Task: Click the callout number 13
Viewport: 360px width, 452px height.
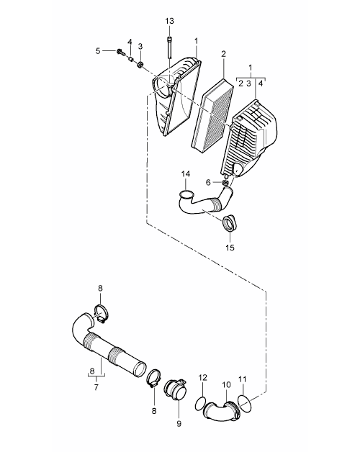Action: (x=170, y=21)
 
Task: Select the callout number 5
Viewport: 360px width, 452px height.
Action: (x=98, y=51)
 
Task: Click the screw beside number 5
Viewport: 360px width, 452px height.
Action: (x=120, y=52)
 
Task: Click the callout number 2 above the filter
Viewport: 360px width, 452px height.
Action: (x=223, y=54)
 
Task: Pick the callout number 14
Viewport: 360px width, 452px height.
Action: (x=186, y=174)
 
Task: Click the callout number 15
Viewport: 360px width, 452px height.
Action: (x=230, y=248)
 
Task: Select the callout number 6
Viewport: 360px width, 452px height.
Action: (x=208, y=183)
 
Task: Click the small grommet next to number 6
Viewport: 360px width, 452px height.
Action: (x=225, y=183)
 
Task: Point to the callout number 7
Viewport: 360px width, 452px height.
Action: (x=96, y=387)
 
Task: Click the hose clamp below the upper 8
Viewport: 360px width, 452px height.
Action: (x=101, y=313)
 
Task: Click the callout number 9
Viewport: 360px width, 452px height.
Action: (x=179, y=423)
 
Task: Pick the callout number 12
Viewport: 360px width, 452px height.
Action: (x=203, y=378)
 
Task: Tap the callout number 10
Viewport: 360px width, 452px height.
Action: (x=227, y=384)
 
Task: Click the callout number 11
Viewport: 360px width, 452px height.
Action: (x=243, y=379)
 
